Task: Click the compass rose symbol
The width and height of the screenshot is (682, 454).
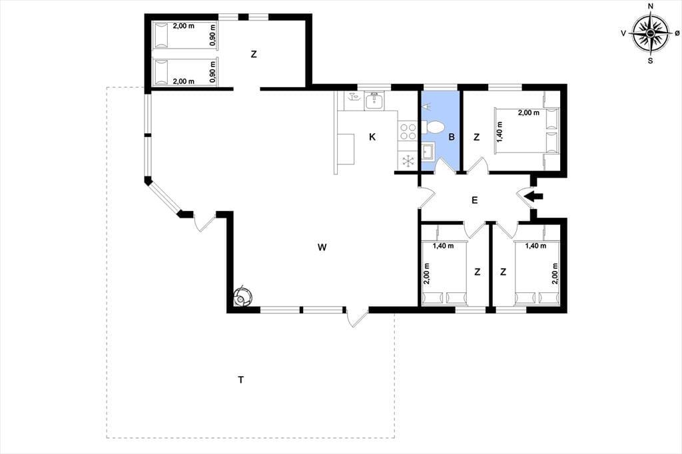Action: point(650,33)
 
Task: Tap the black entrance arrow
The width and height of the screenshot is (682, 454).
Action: point(533,196)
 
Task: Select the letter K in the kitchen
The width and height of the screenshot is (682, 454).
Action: point(372,137)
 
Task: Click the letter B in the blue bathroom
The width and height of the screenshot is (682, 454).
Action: point(452,137)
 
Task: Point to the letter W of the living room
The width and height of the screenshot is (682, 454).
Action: point(322,248)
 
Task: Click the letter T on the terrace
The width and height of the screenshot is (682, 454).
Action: point(240,379)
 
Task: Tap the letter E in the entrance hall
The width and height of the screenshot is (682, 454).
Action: point(474,200)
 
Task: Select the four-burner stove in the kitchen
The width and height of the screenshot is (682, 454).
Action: point(408,131)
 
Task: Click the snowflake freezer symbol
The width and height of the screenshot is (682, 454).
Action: point(408,161)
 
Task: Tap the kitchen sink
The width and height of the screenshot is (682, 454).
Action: point(374,101)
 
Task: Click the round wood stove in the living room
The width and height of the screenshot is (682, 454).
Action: point(242,298)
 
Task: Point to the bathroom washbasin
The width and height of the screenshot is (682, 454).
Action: point(428,152)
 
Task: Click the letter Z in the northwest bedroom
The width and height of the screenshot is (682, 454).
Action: point(254,55)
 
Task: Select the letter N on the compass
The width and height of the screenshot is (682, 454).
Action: point(651,6)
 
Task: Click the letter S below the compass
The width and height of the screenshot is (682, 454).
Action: point(650,61)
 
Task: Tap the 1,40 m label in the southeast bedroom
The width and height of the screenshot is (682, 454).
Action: point(535,246)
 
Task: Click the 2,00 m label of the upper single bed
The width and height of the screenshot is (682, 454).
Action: point(184,26)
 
